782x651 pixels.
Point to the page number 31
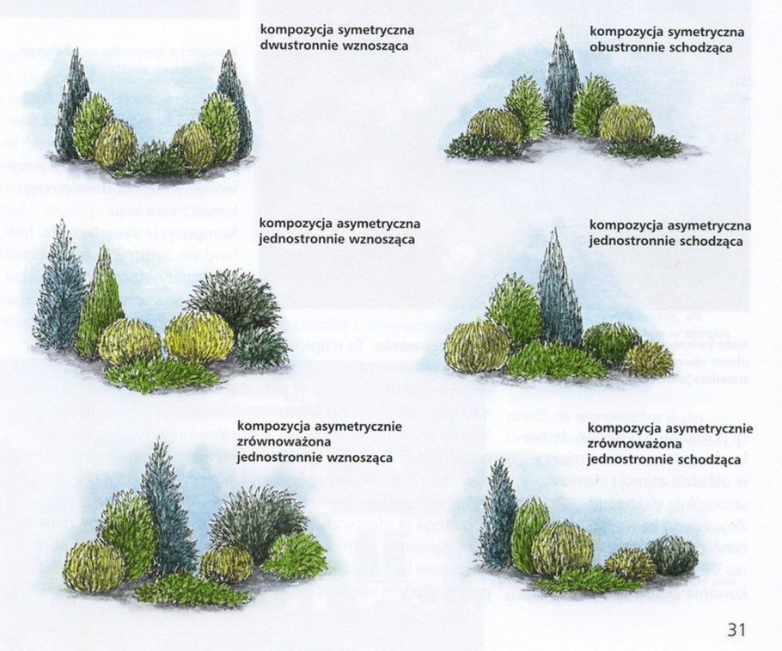point(736,630)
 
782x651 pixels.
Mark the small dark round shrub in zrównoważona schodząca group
point(672,555)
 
